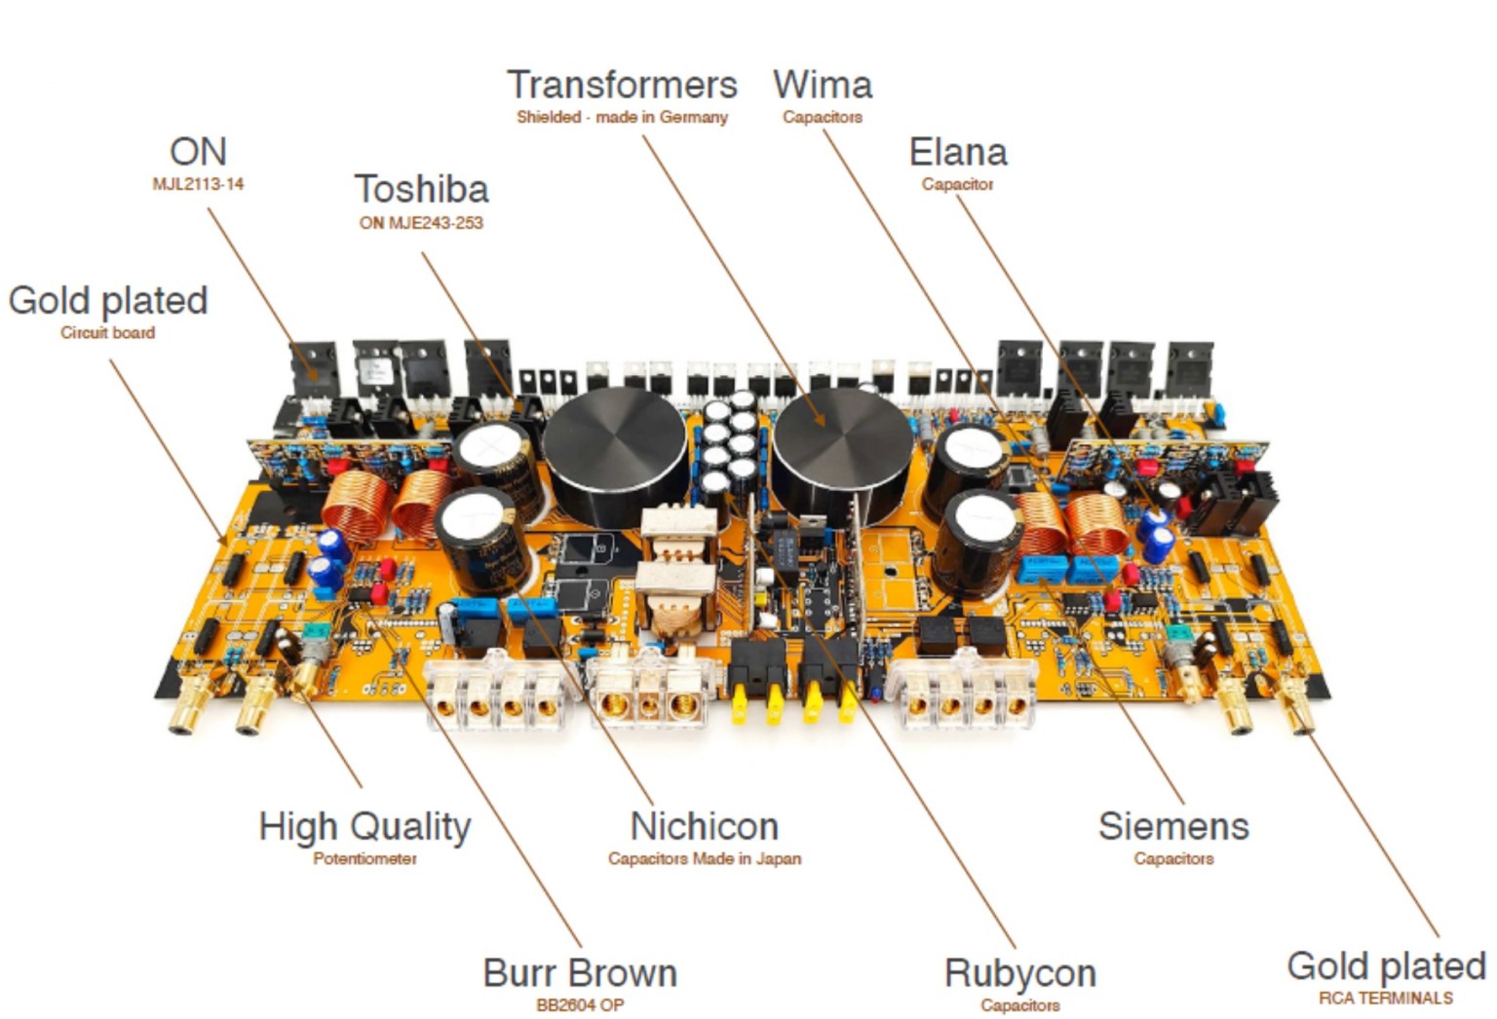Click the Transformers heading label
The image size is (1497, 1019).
click(x=622, y=85)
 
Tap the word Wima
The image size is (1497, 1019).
click(x=823, y=85)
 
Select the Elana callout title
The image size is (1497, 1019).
click(x=957, y=152)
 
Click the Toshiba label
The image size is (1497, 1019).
click(x=421, y=189)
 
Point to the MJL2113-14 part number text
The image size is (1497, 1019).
click(x=198, y=184)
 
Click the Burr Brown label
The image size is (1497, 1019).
click(x=580, y=973)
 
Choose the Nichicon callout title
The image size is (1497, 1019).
click(x=704, y=826)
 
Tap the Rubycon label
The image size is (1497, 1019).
click(x=1019, y=973)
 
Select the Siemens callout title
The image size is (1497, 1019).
click(x=1173, y=826)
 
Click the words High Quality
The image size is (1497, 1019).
click(x=365, y=826)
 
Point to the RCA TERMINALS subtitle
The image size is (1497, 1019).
click(x=1385, y=999)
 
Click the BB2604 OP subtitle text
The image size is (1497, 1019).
click(x=580, y=1004)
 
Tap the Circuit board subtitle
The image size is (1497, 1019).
click(x=107, y=333)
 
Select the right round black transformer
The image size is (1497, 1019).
click(x=843, y=443)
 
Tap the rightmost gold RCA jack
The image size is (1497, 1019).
click(x=1298, y=706)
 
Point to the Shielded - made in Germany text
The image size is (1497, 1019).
click(x=622, y=117)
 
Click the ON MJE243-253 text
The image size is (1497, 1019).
click(x=421, y=223)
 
